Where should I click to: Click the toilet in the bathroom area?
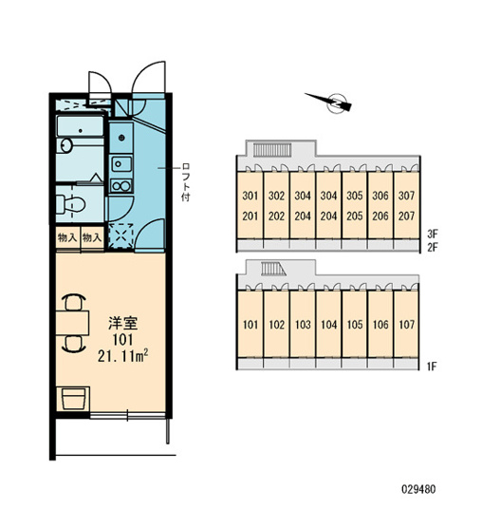(x=71, y=204)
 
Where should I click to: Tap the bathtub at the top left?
(x=80, y=126)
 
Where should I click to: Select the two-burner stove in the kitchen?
(x=121, y=185)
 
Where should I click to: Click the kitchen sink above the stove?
(x=121, y=164)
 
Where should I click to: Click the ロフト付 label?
(x=185, y=182)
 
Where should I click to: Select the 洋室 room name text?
(x=123, y=323)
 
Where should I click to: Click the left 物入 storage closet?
(x=67, y=238)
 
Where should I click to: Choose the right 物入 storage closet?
(x=92, y=238)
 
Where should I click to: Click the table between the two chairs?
(x=72, y=323)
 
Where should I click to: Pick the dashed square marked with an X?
(x=120, y=235)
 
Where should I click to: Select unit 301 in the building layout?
(x=250, y=196)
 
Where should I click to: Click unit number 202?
(x=276, y=216)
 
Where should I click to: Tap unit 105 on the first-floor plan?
(x=355, y=325)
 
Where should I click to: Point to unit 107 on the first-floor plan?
(x=406, y=325)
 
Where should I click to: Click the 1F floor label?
(x=432, y=366)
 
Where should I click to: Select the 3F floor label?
(x=433, y=234)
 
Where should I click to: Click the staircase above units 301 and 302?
(x=272, y=150)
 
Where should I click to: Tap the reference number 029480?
(x=418, y=489)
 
